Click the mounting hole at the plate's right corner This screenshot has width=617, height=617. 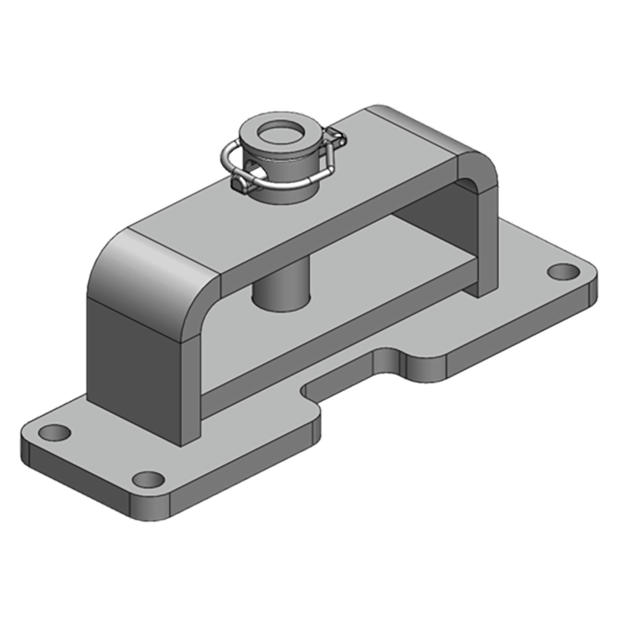tap(563, 272)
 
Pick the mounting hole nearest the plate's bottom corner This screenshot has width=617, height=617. tap(148, 479)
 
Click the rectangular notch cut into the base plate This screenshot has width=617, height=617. tap(355, 370)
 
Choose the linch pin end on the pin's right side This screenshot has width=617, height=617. tap(336, 140)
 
